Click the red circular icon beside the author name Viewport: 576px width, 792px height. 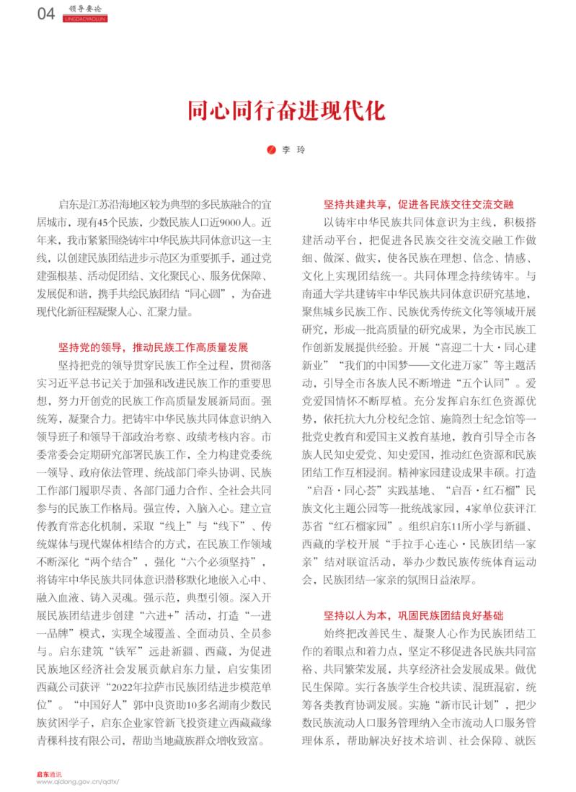[x=271, y=150]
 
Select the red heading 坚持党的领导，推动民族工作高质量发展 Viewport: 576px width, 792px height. [x=153, y=346]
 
